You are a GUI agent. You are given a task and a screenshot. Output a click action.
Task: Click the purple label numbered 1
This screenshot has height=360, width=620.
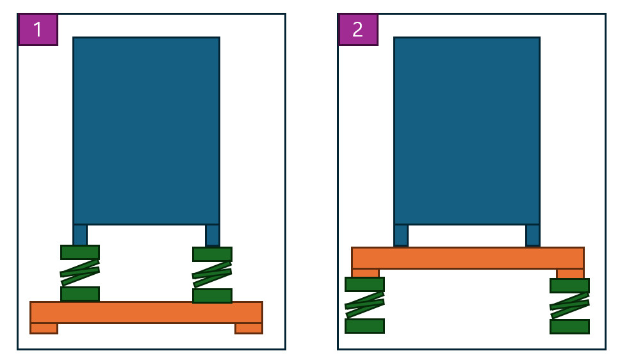(x=38, y=29)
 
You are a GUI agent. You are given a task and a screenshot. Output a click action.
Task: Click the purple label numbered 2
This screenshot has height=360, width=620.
(x=358, y=29)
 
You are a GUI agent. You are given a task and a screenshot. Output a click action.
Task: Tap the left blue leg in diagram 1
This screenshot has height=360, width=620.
(x=80, y=235)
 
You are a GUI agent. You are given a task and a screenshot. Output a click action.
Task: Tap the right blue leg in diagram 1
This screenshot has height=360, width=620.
(x=213, y=236)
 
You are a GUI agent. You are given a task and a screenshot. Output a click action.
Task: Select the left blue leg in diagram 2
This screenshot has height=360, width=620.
(x=401, y=236)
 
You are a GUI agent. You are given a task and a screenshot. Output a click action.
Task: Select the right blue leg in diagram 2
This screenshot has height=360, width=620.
(x=533, y=236)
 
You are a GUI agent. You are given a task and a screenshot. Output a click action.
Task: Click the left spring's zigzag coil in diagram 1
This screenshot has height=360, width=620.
(x=80, y=273)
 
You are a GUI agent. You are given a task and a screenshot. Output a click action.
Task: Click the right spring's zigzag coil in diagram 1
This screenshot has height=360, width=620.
(x=212, y=275)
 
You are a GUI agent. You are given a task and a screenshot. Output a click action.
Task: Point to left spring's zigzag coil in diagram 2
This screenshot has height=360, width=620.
(x=364, y=305)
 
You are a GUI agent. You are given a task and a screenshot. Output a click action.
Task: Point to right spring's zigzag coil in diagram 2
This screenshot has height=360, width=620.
(x=570, y=306)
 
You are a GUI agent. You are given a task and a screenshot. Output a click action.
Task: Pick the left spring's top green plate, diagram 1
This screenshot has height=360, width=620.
(x=80, y=252)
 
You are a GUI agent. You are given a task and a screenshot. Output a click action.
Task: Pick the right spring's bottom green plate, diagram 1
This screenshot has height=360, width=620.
(x=213, y=296)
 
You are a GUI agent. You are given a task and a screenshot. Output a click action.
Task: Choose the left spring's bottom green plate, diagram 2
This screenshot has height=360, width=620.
(x=364, y=326)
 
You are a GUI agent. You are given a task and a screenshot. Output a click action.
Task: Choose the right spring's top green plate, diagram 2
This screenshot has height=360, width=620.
(x=570, y=286)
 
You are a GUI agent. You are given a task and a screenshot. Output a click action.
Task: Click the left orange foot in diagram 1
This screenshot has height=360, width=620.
(x=44, y=329)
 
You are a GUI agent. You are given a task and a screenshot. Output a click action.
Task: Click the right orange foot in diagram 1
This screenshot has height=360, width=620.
(x=249, y=329)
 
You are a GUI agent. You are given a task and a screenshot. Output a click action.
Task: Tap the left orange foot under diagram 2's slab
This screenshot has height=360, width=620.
(x=365, y=274)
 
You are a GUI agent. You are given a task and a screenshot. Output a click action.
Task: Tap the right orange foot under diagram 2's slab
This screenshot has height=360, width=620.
(x=570, y=274)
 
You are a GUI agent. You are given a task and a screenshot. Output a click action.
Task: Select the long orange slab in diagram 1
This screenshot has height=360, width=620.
(x=146, y=313)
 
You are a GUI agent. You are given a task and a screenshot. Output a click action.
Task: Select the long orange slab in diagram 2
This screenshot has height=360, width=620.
(x=468, y=258)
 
